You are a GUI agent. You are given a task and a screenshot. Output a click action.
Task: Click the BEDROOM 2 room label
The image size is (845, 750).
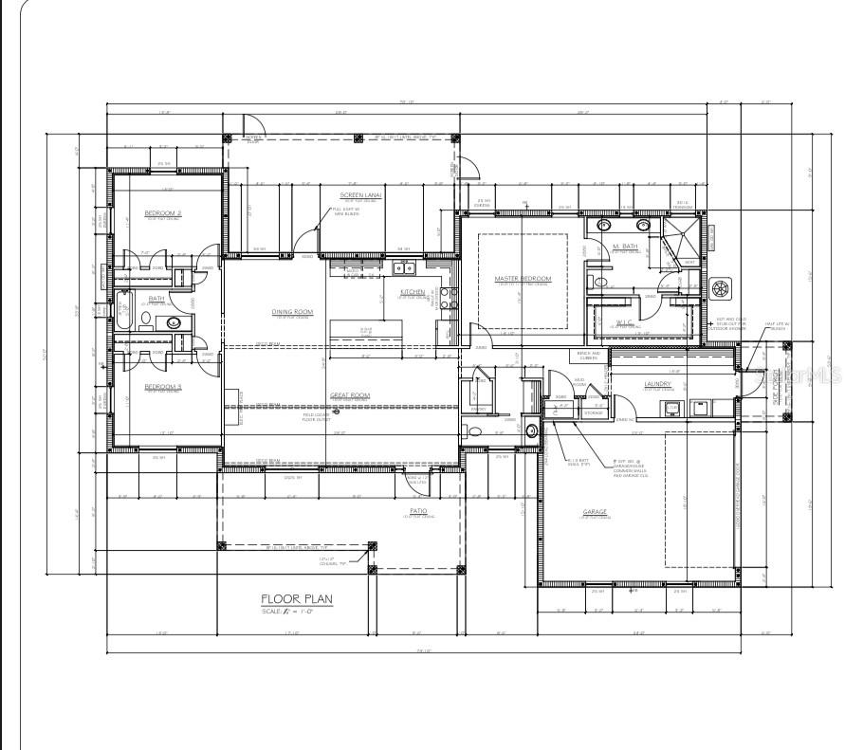[x=163, y=214]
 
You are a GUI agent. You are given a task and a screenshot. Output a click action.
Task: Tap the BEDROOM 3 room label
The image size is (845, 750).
[x=163, y=387]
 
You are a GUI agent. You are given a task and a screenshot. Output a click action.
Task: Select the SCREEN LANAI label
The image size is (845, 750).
[x=361, y=195]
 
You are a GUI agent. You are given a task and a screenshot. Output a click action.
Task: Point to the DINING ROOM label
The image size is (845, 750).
[x=292, y=312]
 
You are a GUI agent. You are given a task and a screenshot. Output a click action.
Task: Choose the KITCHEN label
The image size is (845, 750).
[x=413, y=292]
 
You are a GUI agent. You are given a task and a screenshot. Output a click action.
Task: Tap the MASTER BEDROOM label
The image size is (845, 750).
[x=523, y=279]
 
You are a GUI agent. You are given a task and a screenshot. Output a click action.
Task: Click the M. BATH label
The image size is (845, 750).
[x=624, y=247]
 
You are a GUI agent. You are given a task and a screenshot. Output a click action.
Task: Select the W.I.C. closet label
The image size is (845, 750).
[x=626, y=323]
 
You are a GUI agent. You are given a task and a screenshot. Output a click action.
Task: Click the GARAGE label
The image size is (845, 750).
[x=595, y=513]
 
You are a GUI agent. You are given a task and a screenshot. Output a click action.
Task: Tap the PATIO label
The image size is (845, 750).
[x=418, y=511]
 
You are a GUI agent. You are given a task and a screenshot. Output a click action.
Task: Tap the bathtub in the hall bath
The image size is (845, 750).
[x=121, y=314]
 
